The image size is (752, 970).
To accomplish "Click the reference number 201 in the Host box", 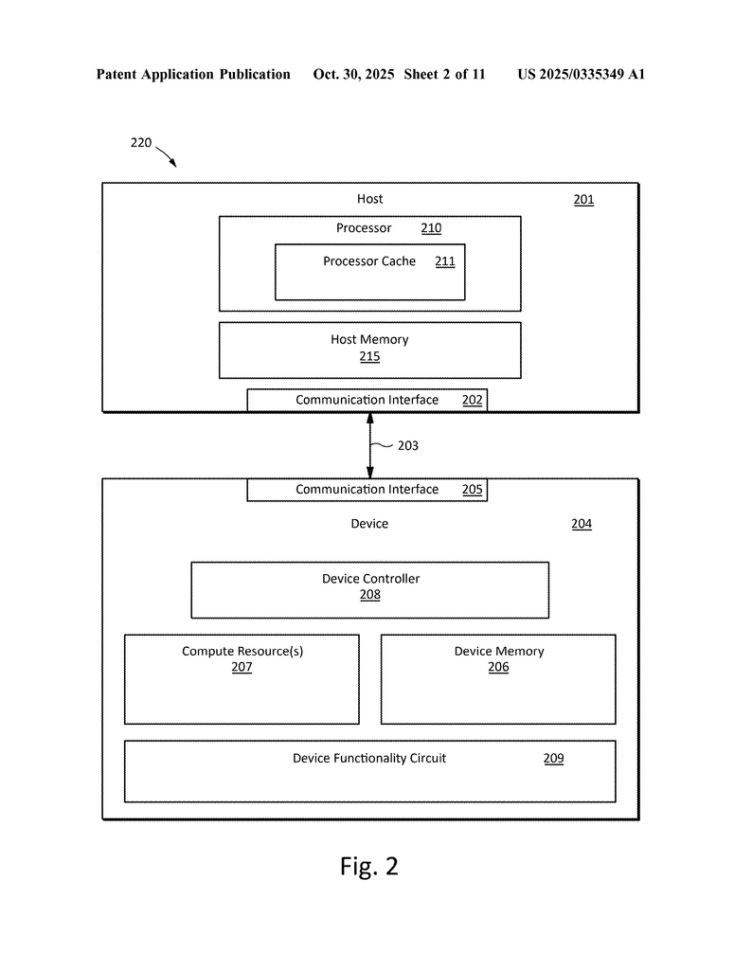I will (x=583, y=200).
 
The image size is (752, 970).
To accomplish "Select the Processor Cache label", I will (x=369, y=261).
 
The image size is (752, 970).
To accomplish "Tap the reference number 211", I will (x=445, y=261).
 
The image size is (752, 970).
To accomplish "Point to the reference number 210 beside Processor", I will (x=431, y=228).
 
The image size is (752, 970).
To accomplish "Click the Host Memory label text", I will (x=369, y=339).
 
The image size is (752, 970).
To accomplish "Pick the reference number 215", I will (x=369, y=356).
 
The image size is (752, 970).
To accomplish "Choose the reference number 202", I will (x=473, y=400).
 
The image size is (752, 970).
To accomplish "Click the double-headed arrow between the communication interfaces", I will (x=370, y=445).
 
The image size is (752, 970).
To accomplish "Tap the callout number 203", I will (x=407, y=445).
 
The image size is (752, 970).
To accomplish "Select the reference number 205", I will (x=473, y=490).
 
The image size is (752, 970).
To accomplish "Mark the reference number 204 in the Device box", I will (x=582, y=524).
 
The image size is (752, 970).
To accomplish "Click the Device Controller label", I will (x=370, y=579).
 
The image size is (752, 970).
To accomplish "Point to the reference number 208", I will (x=370, y=595).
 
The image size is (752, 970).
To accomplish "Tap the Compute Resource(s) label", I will (x=242, y=651).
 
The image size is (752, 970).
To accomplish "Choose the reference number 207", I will (x=242, y=667).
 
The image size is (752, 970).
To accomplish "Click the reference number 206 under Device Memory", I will (x=498, y=667).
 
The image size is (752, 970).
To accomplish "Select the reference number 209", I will (x=553, y=759).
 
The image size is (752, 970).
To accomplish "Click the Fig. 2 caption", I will (x=369, y=866).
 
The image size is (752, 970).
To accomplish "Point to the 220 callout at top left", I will (x=140, y=143).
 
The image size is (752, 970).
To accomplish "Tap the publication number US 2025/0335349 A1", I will (x=581, y=74).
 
